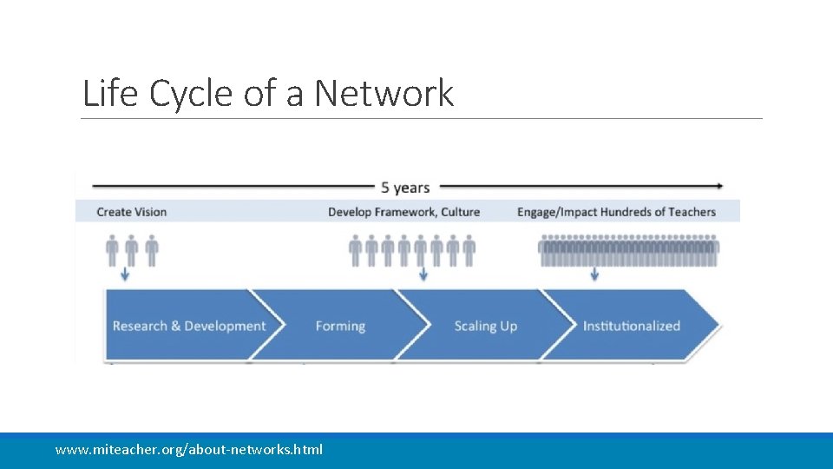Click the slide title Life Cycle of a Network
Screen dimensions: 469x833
(x=267, y=93)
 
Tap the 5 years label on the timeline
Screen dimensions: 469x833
(x=405, y=187)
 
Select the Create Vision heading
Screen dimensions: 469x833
(x=132, y=212)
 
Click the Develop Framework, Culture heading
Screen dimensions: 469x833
(x=403, y=212)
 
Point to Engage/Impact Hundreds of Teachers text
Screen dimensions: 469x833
(x=616, y=212)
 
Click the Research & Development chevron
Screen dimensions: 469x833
(x=188, y=326)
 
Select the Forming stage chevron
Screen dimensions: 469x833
(x=340, y=326)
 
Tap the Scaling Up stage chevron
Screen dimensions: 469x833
(x=485, y=326)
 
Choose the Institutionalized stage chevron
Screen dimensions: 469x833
(x=632, y=326)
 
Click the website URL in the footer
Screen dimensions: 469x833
(x=188, y=449)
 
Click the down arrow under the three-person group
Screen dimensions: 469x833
(x=125, y=274)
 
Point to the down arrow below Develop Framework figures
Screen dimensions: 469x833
(x=423, y=274)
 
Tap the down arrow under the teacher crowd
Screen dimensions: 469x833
(x=594, y=274)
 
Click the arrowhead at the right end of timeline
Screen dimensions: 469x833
(x=719, y=185)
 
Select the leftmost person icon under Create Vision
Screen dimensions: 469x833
(x=112, y=250)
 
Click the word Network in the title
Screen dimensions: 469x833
(x=384, y=93)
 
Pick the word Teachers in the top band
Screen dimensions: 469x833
(x=692, y=212)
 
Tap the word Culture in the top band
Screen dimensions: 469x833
(x=459, y=212)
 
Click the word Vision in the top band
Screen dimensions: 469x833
(x=150, y=212)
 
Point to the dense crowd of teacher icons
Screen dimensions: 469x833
(x=628, y=251)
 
